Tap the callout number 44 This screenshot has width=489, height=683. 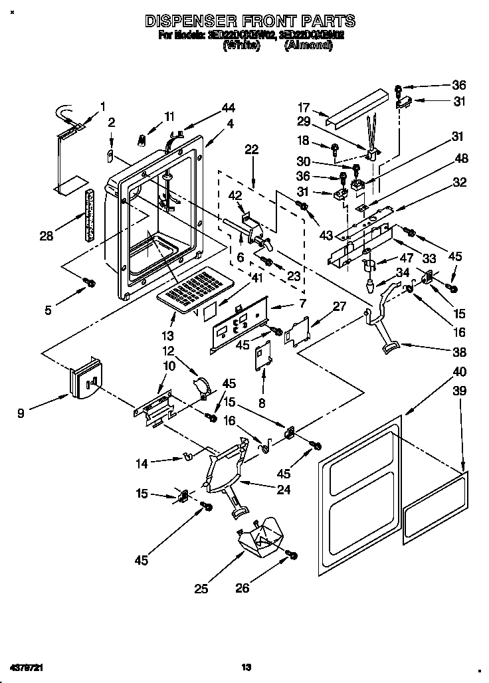pos(210,107)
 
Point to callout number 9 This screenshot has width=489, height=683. pos(22,413)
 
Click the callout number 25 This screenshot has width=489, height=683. pos(202,588)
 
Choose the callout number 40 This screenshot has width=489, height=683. pos(460,371)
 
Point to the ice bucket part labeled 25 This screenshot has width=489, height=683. pos(261,537)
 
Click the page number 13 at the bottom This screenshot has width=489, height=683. pos(245,666)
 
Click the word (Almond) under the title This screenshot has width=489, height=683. pos(308,46)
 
